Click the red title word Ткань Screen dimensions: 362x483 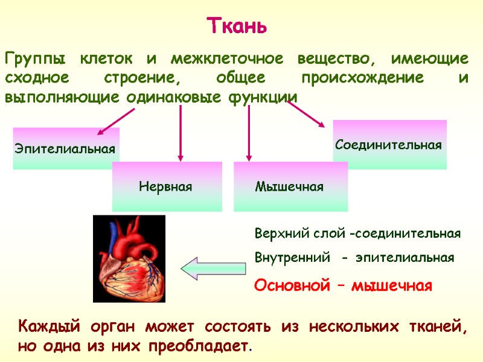237,27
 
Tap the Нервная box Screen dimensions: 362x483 165,186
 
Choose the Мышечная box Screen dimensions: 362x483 290,186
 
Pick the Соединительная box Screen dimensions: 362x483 389,145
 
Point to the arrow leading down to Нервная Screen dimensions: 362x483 179,133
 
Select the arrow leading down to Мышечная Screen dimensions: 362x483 249,133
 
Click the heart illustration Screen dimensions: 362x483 129,258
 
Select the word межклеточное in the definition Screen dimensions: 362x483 227,60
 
